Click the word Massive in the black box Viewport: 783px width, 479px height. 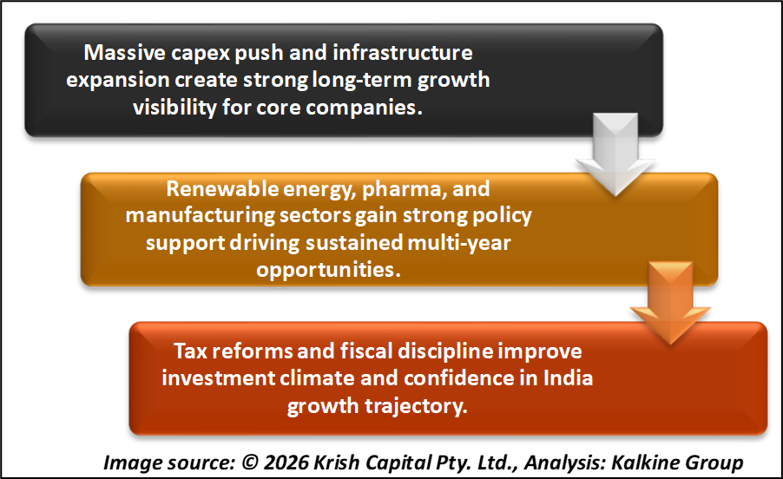(124, 52)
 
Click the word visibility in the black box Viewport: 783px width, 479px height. (174, 108)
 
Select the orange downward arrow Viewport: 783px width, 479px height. (670, 302)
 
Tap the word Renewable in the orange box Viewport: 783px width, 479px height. (222, 188)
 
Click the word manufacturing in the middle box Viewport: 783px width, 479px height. (200, 216)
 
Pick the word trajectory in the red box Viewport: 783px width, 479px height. (416, 406)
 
